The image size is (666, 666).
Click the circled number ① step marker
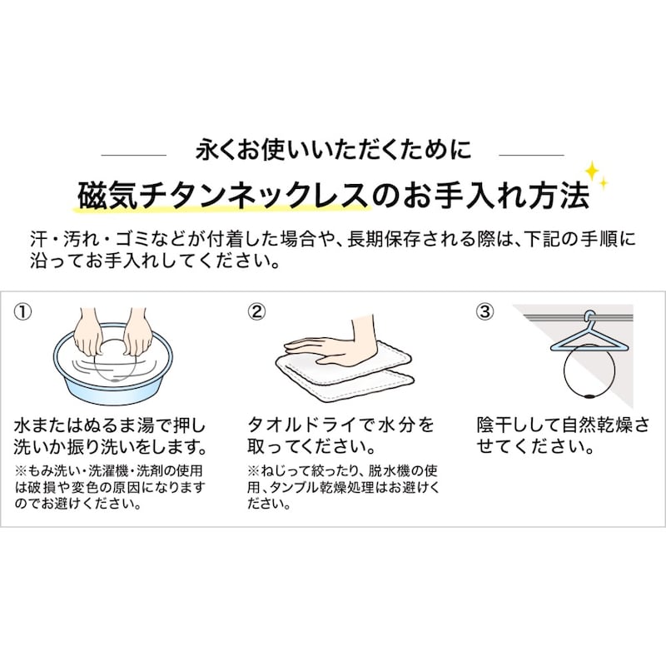pyautogui.click(x=23, y=312)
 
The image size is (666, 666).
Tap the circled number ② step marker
pyautogui.click(x=256, y=312)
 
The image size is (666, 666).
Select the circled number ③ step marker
pyautogui.click(x=485, y=312)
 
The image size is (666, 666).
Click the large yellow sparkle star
pyautogui.click(x=592, y=171)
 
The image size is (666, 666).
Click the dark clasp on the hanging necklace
pyautogui.click(x=589, y=397)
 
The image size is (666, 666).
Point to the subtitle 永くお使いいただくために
pyautogui.click(x=333, y=150)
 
